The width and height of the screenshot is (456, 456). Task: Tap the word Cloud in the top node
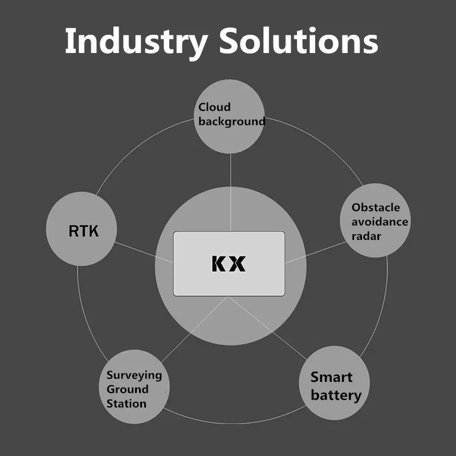pos(214,107)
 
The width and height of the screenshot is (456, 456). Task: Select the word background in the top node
pos(231,121)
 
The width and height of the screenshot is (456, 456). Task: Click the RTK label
pos(83,231)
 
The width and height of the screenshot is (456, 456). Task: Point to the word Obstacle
pos(376,207)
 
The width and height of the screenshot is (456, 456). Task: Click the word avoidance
pos(380,222)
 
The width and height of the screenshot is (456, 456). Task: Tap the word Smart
pos(331,377)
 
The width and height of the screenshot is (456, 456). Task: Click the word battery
pos(336,395)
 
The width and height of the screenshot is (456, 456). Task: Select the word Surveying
pos(134,375)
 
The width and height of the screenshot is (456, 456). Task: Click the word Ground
pos(127,389)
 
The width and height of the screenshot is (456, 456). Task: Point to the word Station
pos(126,404)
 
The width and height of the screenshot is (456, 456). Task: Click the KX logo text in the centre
pos(229,263)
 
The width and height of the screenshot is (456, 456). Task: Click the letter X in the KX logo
pos(238,263)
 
